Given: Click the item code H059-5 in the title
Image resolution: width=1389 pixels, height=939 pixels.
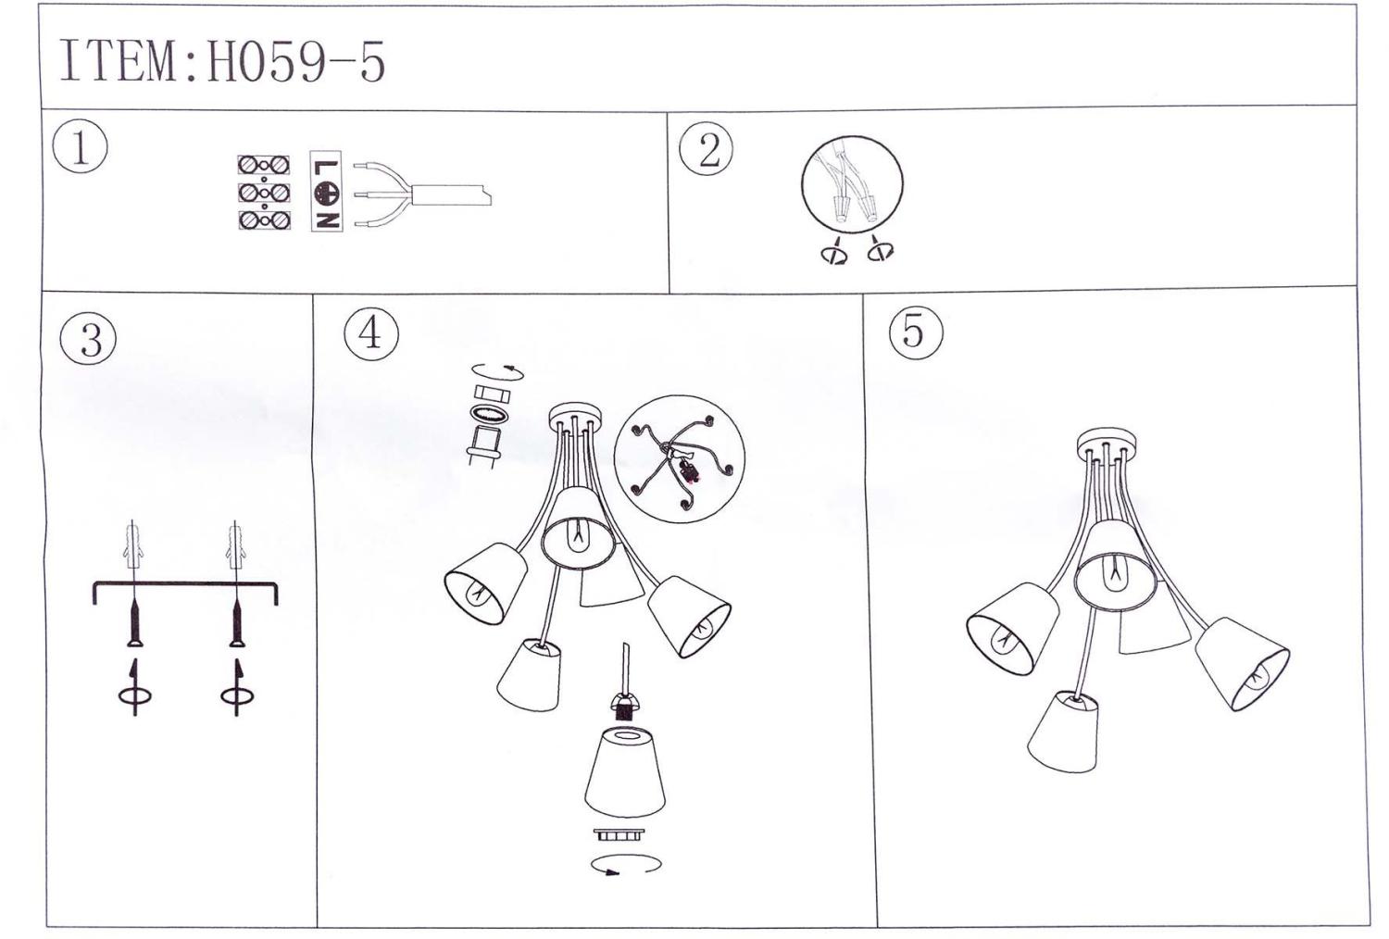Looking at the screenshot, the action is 295,62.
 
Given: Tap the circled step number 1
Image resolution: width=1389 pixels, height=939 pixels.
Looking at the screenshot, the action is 80,147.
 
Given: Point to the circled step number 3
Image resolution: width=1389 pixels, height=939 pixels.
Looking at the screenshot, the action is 89,338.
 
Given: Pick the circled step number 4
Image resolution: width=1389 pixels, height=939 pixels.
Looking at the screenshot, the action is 371,334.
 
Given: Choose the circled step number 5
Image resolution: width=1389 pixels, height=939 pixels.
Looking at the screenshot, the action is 916,332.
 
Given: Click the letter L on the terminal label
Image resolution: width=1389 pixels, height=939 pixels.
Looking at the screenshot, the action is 327,169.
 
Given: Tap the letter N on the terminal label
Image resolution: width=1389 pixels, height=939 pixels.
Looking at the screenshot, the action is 327,220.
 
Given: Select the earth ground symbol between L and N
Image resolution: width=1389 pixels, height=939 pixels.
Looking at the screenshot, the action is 327,194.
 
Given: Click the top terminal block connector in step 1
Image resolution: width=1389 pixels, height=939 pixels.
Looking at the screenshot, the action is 264,165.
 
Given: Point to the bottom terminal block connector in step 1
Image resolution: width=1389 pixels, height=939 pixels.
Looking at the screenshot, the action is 264,220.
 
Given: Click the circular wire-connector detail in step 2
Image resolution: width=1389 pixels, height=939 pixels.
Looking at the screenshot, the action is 852,184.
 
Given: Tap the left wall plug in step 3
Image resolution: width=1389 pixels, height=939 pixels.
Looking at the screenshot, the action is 134,546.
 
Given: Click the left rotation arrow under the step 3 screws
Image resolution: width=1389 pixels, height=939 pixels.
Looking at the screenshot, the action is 134,687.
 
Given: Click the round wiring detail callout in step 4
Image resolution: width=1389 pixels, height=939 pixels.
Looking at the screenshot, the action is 680,459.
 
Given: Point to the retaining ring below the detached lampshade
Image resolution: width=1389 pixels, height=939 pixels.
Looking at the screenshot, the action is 619,834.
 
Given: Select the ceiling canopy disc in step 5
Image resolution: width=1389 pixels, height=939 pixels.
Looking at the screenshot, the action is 1107,443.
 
